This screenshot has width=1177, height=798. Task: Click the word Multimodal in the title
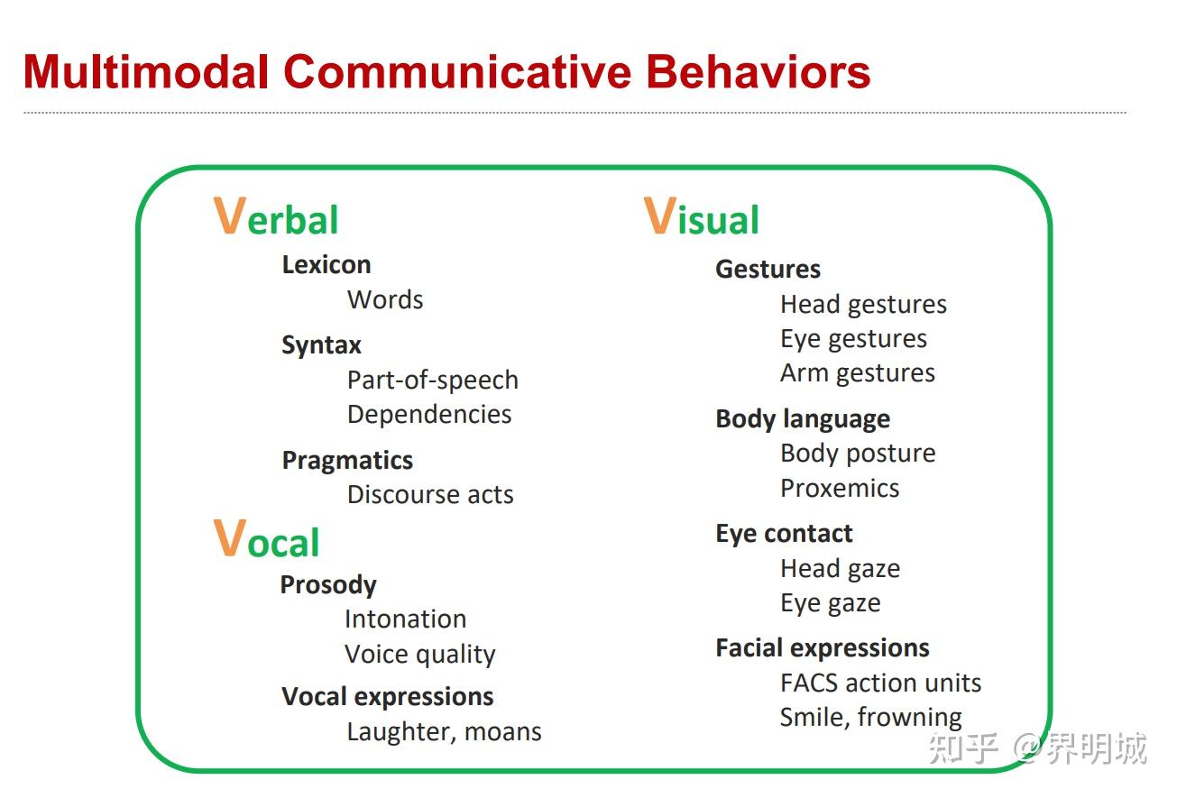[146, 72]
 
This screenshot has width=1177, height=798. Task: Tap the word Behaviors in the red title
[759, 72]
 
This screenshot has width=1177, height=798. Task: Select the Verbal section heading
[275, 216]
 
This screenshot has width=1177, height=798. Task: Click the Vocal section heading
[266, 538]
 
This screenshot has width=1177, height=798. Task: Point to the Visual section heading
[702, 216]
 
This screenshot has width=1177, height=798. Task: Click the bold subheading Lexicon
[326, 265]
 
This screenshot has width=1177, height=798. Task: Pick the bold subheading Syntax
[322, 345]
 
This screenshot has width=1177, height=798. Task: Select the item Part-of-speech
[432, 381]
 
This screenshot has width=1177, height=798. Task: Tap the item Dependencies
[429, 415]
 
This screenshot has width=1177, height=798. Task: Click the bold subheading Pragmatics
[347, 461]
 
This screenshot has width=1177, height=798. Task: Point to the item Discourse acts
[430, 495]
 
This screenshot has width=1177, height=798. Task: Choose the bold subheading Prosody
[328, 585]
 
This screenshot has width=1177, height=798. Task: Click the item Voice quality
[419, 655]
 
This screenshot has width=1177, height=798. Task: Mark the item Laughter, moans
[444, 732]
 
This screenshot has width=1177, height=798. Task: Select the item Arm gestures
[858, 374]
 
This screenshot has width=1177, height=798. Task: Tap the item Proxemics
[840, 489]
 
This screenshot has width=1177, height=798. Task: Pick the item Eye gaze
[831, 603]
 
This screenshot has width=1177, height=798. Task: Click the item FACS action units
[880, 683]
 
